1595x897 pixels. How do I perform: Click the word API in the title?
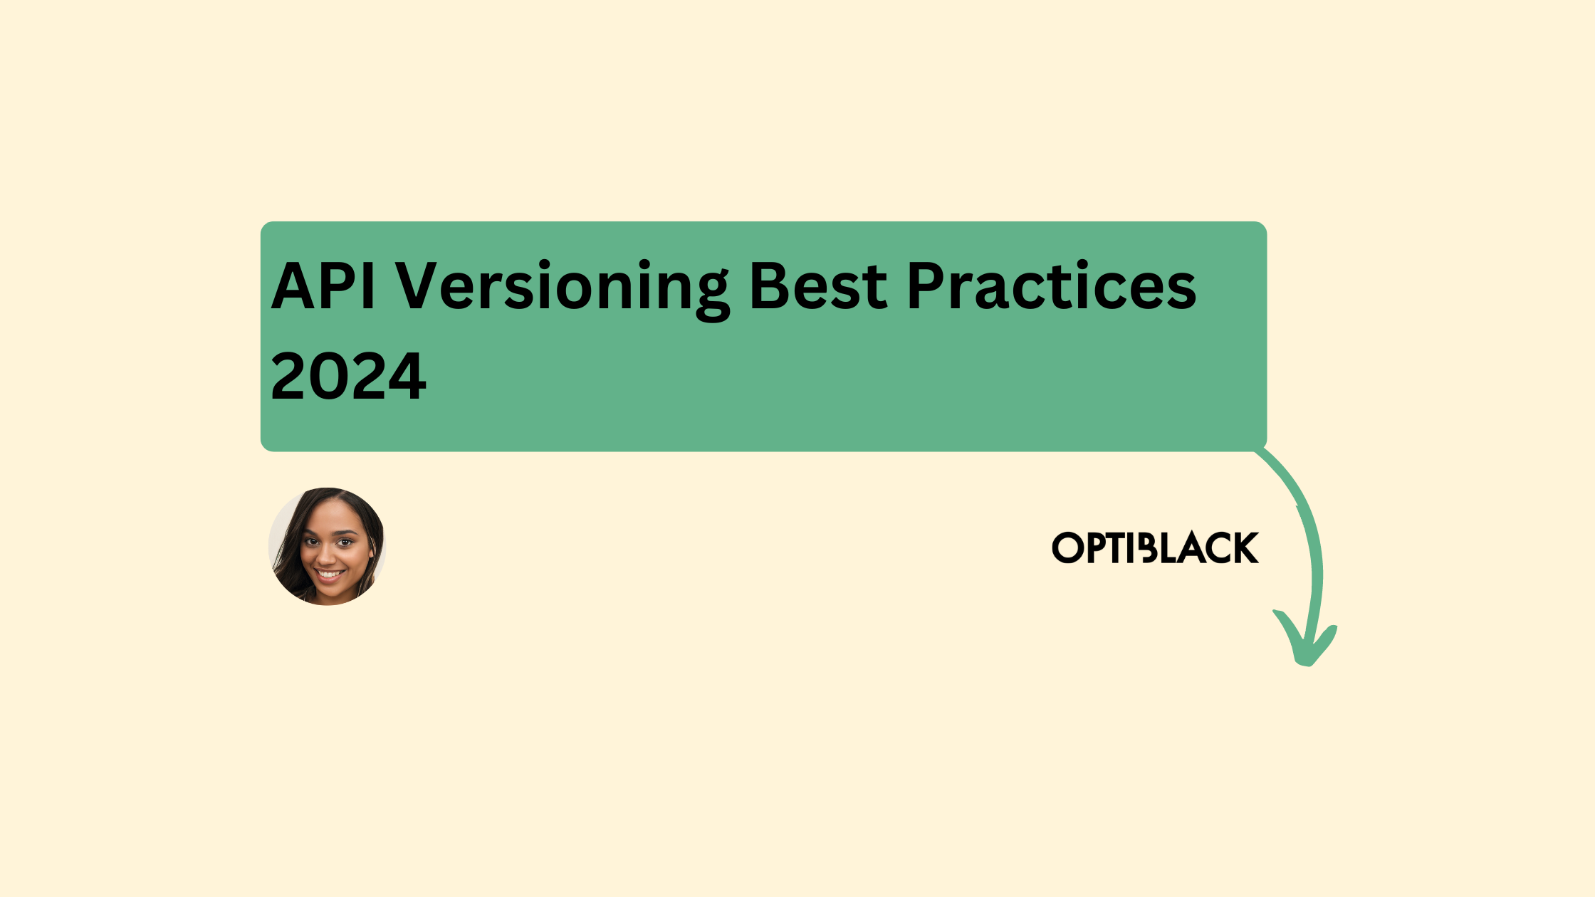[x=323, y=286]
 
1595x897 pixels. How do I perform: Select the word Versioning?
[x=562, y=286]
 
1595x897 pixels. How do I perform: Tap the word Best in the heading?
[x=818, y=286]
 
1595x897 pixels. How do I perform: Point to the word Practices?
[x=1051, y=286]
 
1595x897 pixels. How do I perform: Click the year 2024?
[x=348, y=377]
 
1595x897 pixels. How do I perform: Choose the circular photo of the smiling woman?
[x=327, y=546]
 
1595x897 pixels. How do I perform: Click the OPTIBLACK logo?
[x=1155, y=548]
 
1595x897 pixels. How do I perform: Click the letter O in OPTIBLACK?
[x=1067, y=548]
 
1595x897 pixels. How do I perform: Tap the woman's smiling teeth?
[x=329, y=573]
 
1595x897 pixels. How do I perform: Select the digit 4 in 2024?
[x=407, y=377]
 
